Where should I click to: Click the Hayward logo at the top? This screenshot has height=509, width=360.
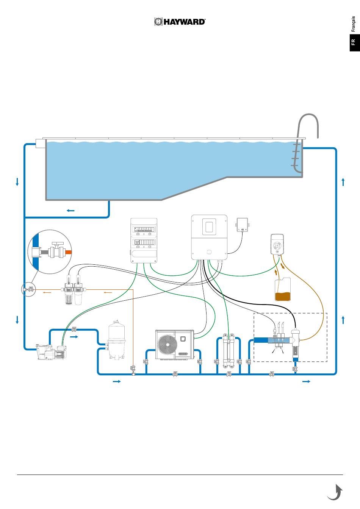[180, 22]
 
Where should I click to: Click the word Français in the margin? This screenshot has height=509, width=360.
[353, 24]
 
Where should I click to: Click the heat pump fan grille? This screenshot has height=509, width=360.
[167, 345]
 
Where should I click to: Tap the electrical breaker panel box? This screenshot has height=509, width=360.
[144, 240]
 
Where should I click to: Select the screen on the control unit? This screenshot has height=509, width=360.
[209, 226]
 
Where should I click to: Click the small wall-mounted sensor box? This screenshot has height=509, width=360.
[242, 225]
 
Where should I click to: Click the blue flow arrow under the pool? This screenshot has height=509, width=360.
[70, 210]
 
